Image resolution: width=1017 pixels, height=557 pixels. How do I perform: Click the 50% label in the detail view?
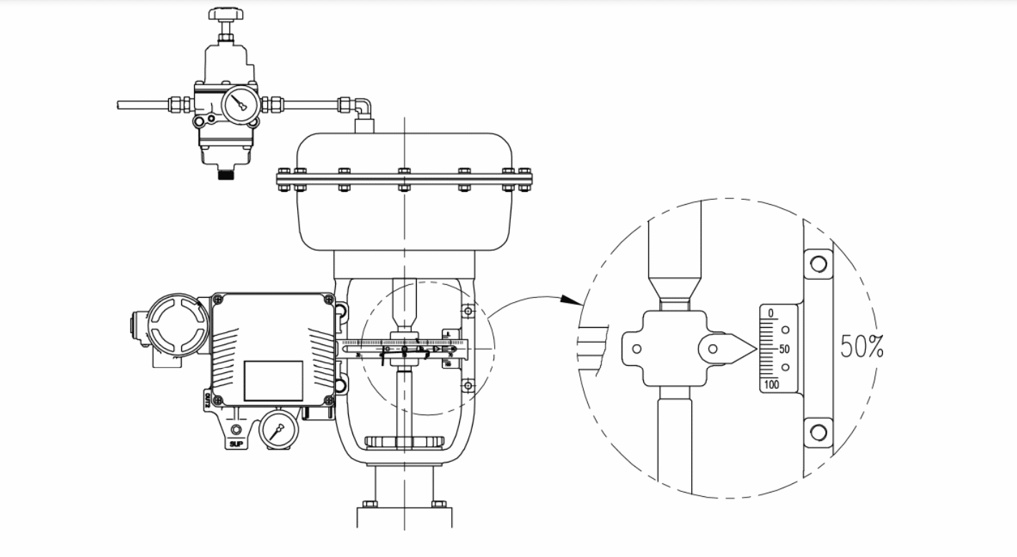[x=862, y=347]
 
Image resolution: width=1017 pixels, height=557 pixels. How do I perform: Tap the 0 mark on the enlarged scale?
[x=771, y=314]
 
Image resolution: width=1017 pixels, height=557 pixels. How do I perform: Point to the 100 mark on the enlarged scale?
[x=771, y=384]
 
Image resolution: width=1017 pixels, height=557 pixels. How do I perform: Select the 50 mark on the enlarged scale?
[x=784, y=349]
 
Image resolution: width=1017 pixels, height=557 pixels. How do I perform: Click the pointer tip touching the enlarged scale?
[x=756, y=349]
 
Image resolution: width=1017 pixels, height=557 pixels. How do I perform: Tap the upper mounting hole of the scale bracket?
[x=817, y=264]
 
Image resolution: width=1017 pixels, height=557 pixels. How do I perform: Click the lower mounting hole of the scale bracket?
[x=817, y=432]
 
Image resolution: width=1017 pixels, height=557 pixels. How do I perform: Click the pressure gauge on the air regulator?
[x=240, y=105]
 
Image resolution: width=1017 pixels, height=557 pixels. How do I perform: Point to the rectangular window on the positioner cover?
[x=273, y=380]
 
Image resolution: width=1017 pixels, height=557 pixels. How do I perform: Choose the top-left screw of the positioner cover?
[x=218, y=299]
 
